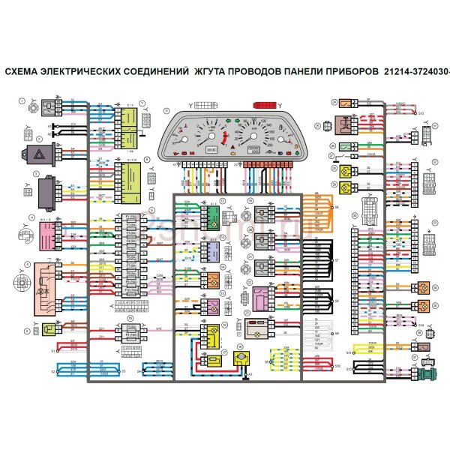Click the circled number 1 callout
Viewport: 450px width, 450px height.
click(22, 100)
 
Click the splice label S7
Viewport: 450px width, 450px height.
click(337, 262)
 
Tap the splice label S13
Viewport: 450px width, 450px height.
click(421, 113)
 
